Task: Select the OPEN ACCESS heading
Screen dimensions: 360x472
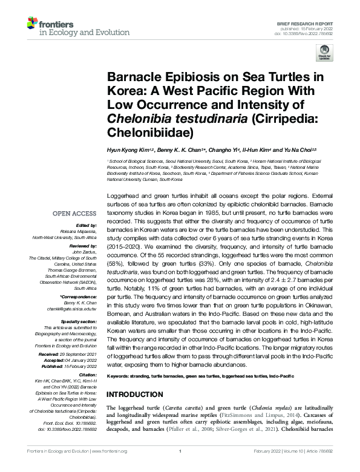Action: [x=74, y=214]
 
